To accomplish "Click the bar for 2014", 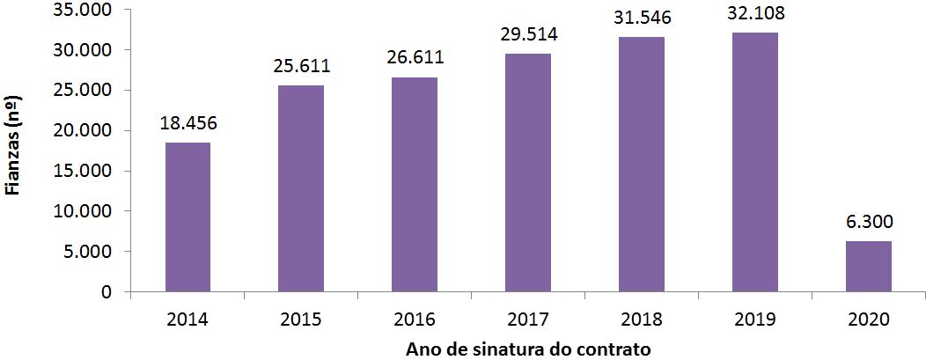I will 187,217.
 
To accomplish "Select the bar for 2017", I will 528,173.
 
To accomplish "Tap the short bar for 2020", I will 869,266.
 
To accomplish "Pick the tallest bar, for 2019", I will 755,162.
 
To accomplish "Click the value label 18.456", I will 187,124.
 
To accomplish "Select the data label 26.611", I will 415,58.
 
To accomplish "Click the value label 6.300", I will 869,223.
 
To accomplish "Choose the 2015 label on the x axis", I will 301,320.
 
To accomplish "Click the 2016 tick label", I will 415,320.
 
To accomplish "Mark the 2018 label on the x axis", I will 642,320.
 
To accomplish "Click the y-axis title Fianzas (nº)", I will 12,150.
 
